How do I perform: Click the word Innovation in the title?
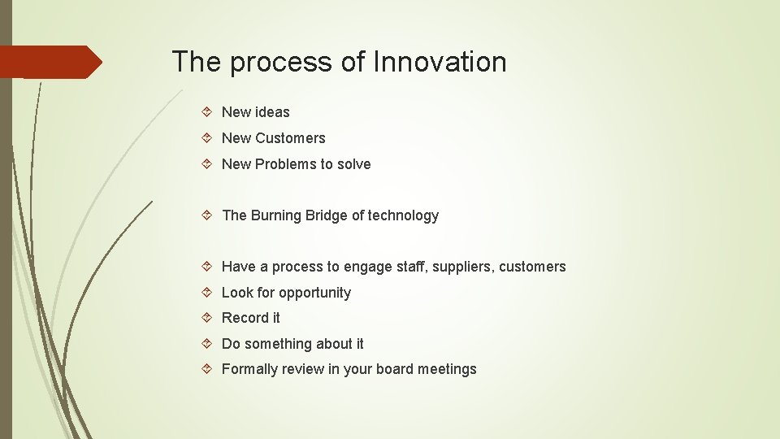pyautogui.click(x=440, y=62)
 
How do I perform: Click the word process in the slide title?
pyautogui.click(x=282, y=63)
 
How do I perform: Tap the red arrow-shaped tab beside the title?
pyautogui.click(x=49, y=62)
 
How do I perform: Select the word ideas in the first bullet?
pyautogui.click(x=271, y=112)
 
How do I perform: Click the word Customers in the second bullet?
pyautogui.click(x=290, y=138)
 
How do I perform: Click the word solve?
pyautogui.click(x=353, y=164)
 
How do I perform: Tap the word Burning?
pyautogui.click(x=276, y=215)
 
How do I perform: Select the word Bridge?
pyautogui.click(x=327, y=215)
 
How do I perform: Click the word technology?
pyautogui.click(x=403, y=215)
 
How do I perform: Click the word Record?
pyautogui.click(x=242, y=318)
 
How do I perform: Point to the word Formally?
pyautogui.click(x=249, y=369)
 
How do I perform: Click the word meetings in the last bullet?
pyautogui.click(x=447, y=369)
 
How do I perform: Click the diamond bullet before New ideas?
pyautogui.click(x=209, y=112)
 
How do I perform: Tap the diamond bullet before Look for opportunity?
pyautogui.click(x=209, y=293)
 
